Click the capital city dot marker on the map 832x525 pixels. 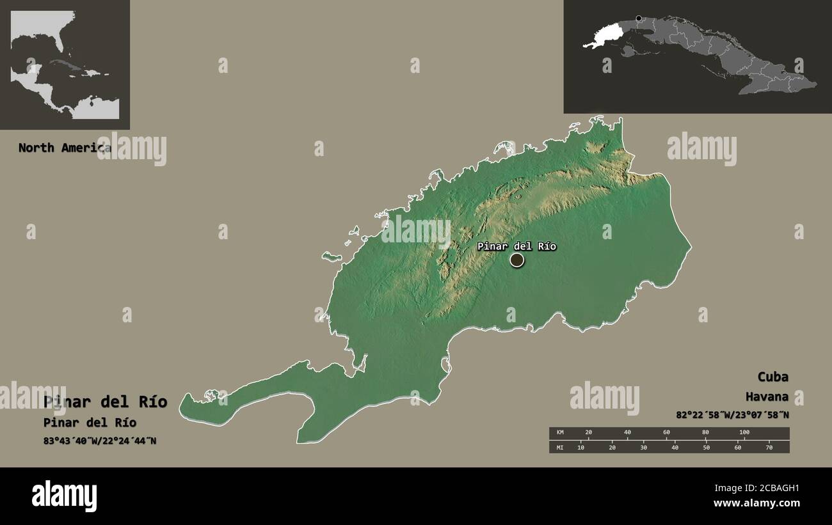[x=516, y=260]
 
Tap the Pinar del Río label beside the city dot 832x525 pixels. [x=516, y=246]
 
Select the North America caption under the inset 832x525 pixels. [x=64, y=148]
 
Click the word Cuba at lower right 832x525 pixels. [x=772, y=377]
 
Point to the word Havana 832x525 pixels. [x=767, y=397]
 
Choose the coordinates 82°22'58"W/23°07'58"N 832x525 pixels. [x=732, y=415]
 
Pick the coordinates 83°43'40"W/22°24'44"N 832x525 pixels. [x=100, y=441]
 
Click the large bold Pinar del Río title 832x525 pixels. [x=106, y=402]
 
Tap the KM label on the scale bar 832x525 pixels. [x=560, y=433]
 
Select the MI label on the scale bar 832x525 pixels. [x=560, y=447]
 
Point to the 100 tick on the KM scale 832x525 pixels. [x=744, y=433]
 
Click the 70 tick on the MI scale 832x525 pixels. [x=769, y=447]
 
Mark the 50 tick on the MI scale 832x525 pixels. [x=706, y=447]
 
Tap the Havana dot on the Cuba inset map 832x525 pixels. [x=638, y=19]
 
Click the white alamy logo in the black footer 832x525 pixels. [x=65, y=496]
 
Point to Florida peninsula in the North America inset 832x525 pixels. [x=58, y=42]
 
